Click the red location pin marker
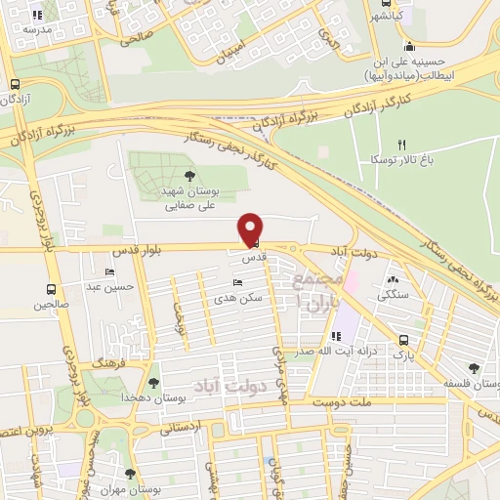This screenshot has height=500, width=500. tap(251, 229)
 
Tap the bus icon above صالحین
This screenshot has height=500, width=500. tap(51, 289)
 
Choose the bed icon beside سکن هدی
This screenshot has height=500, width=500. tap(238, 282)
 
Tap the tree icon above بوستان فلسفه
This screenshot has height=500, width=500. tap(474, 368)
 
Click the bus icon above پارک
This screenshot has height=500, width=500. tap(404, 340)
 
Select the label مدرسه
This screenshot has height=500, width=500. tap(29, 30)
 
